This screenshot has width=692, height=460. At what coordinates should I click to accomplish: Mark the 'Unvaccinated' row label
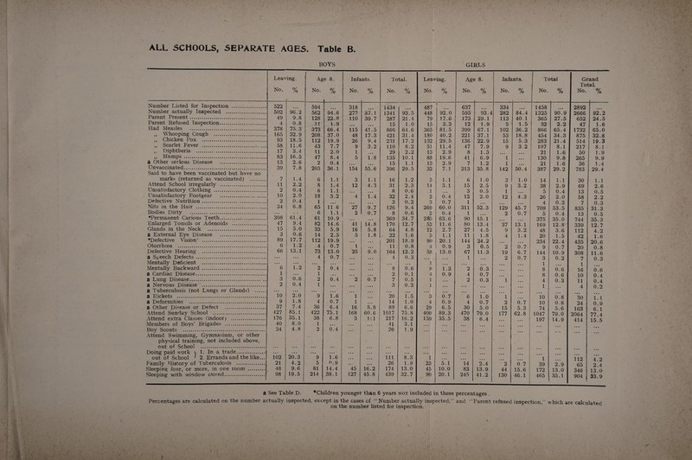[x=60, y=214]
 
